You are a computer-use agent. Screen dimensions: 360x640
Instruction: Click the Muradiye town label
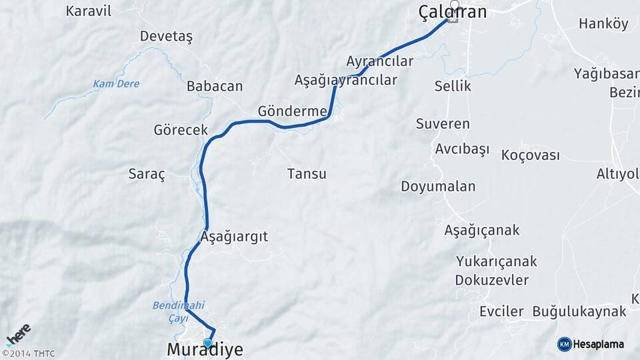(x=205, y=350)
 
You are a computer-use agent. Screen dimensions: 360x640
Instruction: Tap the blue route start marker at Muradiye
(x=207, y=343)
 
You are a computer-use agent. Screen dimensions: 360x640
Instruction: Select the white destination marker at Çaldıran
(x=455, y=7)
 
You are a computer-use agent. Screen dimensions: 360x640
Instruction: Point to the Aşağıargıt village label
(x=234, y=237)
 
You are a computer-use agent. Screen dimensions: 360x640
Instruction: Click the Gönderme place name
(x=292, y=111)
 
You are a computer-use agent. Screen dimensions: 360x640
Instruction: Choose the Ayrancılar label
(x=379, y=61)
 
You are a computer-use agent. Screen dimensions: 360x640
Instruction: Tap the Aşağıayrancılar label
(x=345, y=80)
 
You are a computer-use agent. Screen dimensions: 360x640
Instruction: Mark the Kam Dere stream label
(x=116, y=84)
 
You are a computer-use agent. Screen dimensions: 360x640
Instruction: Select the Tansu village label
(x=307, y=174)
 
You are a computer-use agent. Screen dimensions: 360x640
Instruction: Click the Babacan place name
(x=214, y=87)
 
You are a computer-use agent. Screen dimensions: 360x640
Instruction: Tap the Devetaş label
(x=166, y=37)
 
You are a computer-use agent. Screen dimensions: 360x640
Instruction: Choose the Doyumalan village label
(x=438, y=187)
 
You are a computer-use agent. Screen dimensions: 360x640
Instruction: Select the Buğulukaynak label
(x=579, y=311)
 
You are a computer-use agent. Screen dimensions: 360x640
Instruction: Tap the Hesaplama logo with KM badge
(x=591, y=344)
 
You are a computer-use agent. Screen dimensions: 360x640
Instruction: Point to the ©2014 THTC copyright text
(x=28, y=354)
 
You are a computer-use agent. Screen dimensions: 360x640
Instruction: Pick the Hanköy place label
(x=603, y=25)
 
